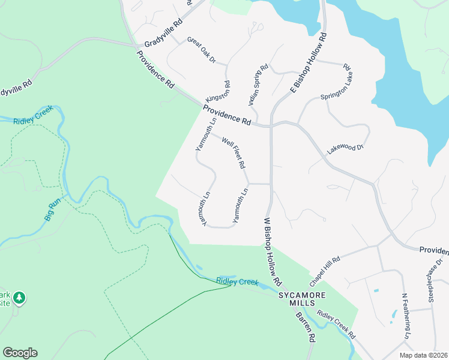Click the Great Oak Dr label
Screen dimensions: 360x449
[x=201, y=51]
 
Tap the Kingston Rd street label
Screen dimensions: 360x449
[x=217, y=91]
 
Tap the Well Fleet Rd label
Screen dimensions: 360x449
[x=234, y=153]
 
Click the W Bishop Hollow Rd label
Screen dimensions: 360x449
[x=273, y=251]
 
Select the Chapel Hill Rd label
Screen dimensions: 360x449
[x=325, y=271]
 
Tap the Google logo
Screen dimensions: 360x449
[x=20, y=353]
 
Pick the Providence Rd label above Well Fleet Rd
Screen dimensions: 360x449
[x=226, y=115]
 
